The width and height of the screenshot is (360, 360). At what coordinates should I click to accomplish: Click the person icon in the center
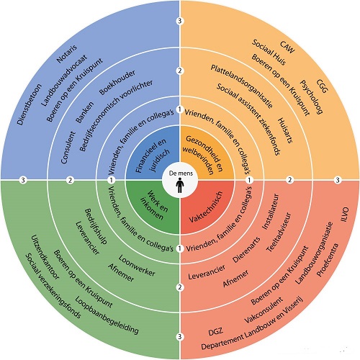coord(180,186)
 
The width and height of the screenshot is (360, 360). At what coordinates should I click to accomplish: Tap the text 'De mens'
coord(181,174)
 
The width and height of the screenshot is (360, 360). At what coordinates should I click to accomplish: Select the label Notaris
coord(67,54)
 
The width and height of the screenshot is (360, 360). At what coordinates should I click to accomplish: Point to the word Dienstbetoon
coord(30,104)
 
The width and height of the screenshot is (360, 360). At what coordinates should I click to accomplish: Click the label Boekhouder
coord(117,82)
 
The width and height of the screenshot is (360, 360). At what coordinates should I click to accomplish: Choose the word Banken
coord(84,112)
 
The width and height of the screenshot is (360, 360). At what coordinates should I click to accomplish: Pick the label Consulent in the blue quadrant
coord(68,148)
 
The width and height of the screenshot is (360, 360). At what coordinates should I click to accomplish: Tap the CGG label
coord(322,86)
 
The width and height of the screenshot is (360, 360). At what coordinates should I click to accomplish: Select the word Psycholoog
coord(311,96)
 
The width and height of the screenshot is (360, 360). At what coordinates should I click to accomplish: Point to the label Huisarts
coord(285,130)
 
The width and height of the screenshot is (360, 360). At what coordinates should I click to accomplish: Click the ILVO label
coord(344,215)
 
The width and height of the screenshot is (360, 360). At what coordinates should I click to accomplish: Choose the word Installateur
coord(271,212)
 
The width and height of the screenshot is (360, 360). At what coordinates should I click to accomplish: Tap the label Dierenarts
coord(246,250)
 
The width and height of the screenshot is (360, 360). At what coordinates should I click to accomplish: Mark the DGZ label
coord(215,332)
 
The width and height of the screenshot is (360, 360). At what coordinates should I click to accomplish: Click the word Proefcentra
coord(328,260)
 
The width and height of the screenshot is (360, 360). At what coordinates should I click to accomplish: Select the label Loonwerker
coord(137,265)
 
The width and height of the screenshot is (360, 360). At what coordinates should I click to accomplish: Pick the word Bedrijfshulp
coord(96,226)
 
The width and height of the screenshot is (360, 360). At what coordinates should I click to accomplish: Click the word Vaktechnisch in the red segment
coord(206,207)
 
